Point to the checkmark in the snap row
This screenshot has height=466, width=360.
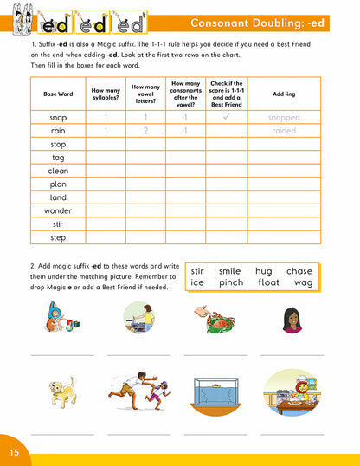(226, 117)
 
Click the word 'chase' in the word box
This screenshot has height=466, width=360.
(299, 271)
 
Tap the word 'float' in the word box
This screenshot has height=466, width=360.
(262, 282)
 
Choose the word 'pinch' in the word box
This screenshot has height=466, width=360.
(230, 282)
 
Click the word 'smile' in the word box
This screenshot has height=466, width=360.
(229, 271)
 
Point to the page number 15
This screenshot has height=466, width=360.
(15, 453)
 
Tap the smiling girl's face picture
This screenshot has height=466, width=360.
(291, 320)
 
